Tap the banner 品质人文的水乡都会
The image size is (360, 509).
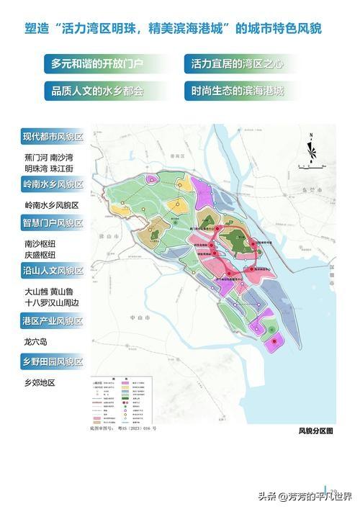(97, 92)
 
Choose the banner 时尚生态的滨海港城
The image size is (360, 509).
(238, 92)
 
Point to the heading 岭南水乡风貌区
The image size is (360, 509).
(53, 185)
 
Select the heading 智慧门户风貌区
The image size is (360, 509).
(53, 223)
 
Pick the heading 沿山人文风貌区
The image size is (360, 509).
(53, 271)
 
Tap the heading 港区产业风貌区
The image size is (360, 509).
(53, 321)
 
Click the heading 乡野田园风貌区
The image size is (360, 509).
(53, 361)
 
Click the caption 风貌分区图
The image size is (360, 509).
(315, 431)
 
